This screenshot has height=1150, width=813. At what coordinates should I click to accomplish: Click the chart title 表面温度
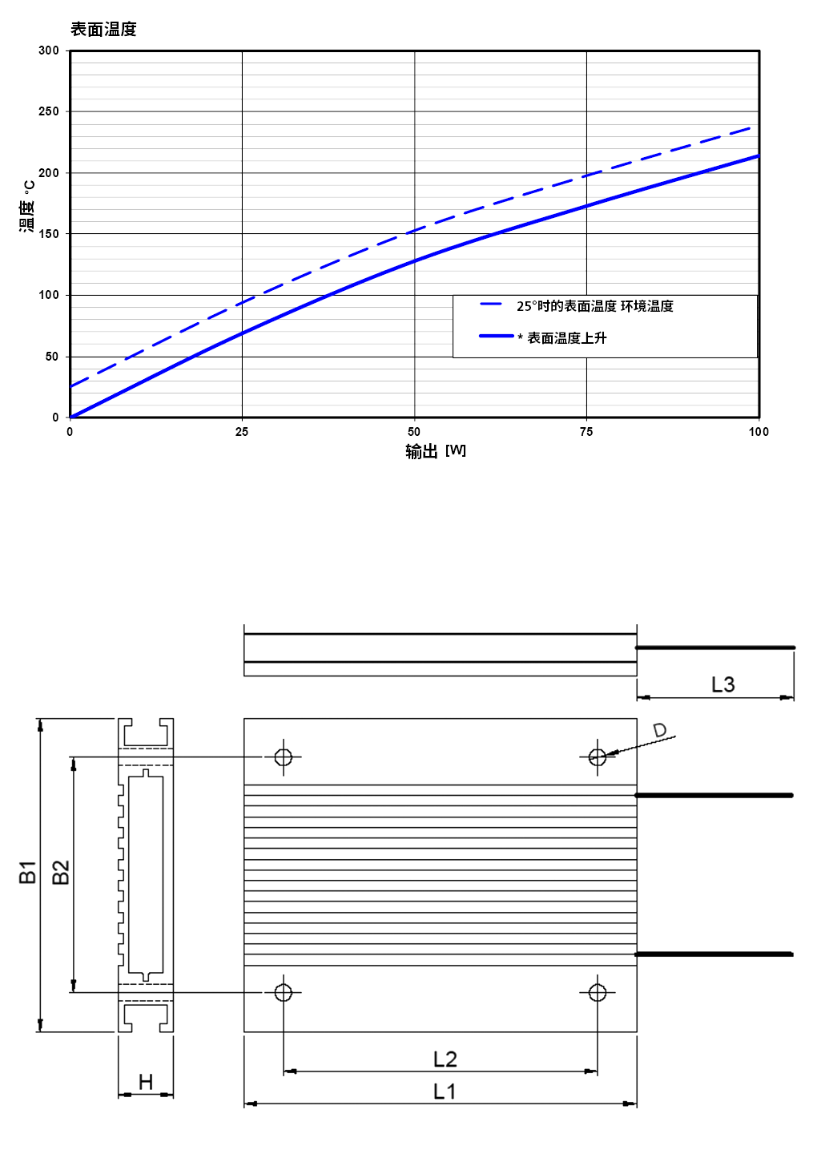point(103,30)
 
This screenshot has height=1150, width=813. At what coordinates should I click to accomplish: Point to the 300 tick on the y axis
point(49,50)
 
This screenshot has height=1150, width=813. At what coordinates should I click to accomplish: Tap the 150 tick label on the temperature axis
point(49,233)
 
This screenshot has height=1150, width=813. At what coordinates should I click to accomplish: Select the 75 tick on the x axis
point(586,432)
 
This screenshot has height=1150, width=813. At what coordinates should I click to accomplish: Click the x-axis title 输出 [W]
point(436,451)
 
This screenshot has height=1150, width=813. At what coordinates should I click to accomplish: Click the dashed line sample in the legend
point(491,304)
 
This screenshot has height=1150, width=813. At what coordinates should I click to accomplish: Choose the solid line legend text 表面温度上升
point(566,338)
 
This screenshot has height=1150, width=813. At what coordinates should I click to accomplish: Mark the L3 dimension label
point(722,684)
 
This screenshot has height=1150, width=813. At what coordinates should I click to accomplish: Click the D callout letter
point(659,729)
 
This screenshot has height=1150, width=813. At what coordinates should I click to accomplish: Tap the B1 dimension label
point(28,872)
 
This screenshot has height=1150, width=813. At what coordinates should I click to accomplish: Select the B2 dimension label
point(61,872)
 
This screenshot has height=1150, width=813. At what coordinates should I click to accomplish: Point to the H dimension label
point(146,1082)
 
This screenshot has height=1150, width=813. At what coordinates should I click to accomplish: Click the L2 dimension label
point(445,1059)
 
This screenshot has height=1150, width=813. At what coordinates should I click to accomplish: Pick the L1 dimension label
point(445,1092)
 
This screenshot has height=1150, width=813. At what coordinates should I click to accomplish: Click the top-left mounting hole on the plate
point(284,757)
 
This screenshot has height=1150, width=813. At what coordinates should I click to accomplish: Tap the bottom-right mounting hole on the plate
point(598,992)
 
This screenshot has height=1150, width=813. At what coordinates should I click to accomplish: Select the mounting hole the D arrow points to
point(598,757)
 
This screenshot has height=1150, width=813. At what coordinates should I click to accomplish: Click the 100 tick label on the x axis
point(759,432)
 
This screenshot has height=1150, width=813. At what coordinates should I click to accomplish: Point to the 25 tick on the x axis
point(242,432)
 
